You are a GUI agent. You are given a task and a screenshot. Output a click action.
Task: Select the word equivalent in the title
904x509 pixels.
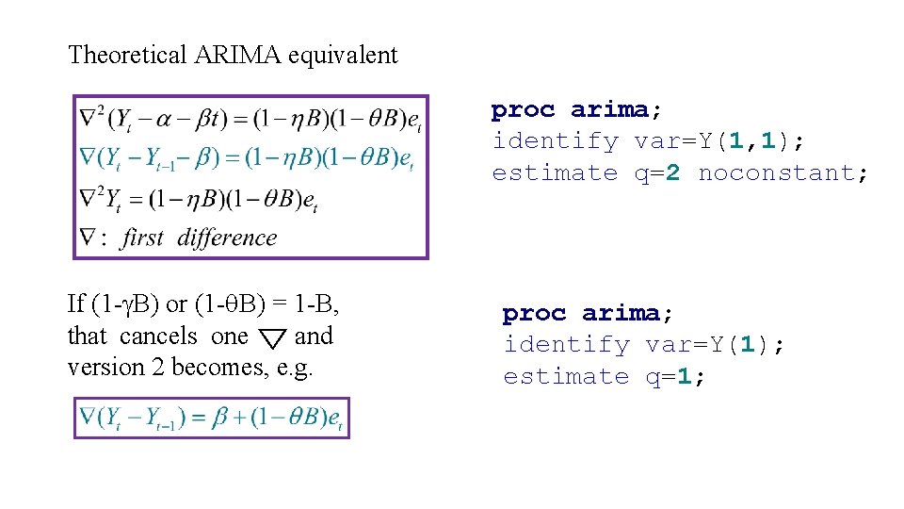pyautogui.click(x=344, y=55)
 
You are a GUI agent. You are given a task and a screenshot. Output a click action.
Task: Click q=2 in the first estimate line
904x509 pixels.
pyautogui.click(x=656, y=172)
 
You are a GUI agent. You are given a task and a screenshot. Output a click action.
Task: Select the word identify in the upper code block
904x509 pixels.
pyautogui.click(x=555, y=141)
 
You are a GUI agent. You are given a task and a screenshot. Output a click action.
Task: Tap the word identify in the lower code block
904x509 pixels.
pyautogui.click(x=566, y=345)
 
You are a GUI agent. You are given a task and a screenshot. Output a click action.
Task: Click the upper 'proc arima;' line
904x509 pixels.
pyautogui.click(x=570, y=110)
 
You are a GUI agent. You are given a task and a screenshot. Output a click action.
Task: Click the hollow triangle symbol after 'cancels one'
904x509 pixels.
pyautogui.click(x=272, y=337)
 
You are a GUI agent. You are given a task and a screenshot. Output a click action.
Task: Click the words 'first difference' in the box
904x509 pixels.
pyautogui.click(x=198, y=238)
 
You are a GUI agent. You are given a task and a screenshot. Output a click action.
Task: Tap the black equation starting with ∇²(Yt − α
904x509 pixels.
pyautogui.click(x=250, y=119)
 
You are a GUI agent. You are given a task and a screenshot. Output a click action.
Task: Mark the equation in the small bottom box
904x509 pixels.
pyautogui.click(x=211, y=418)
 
